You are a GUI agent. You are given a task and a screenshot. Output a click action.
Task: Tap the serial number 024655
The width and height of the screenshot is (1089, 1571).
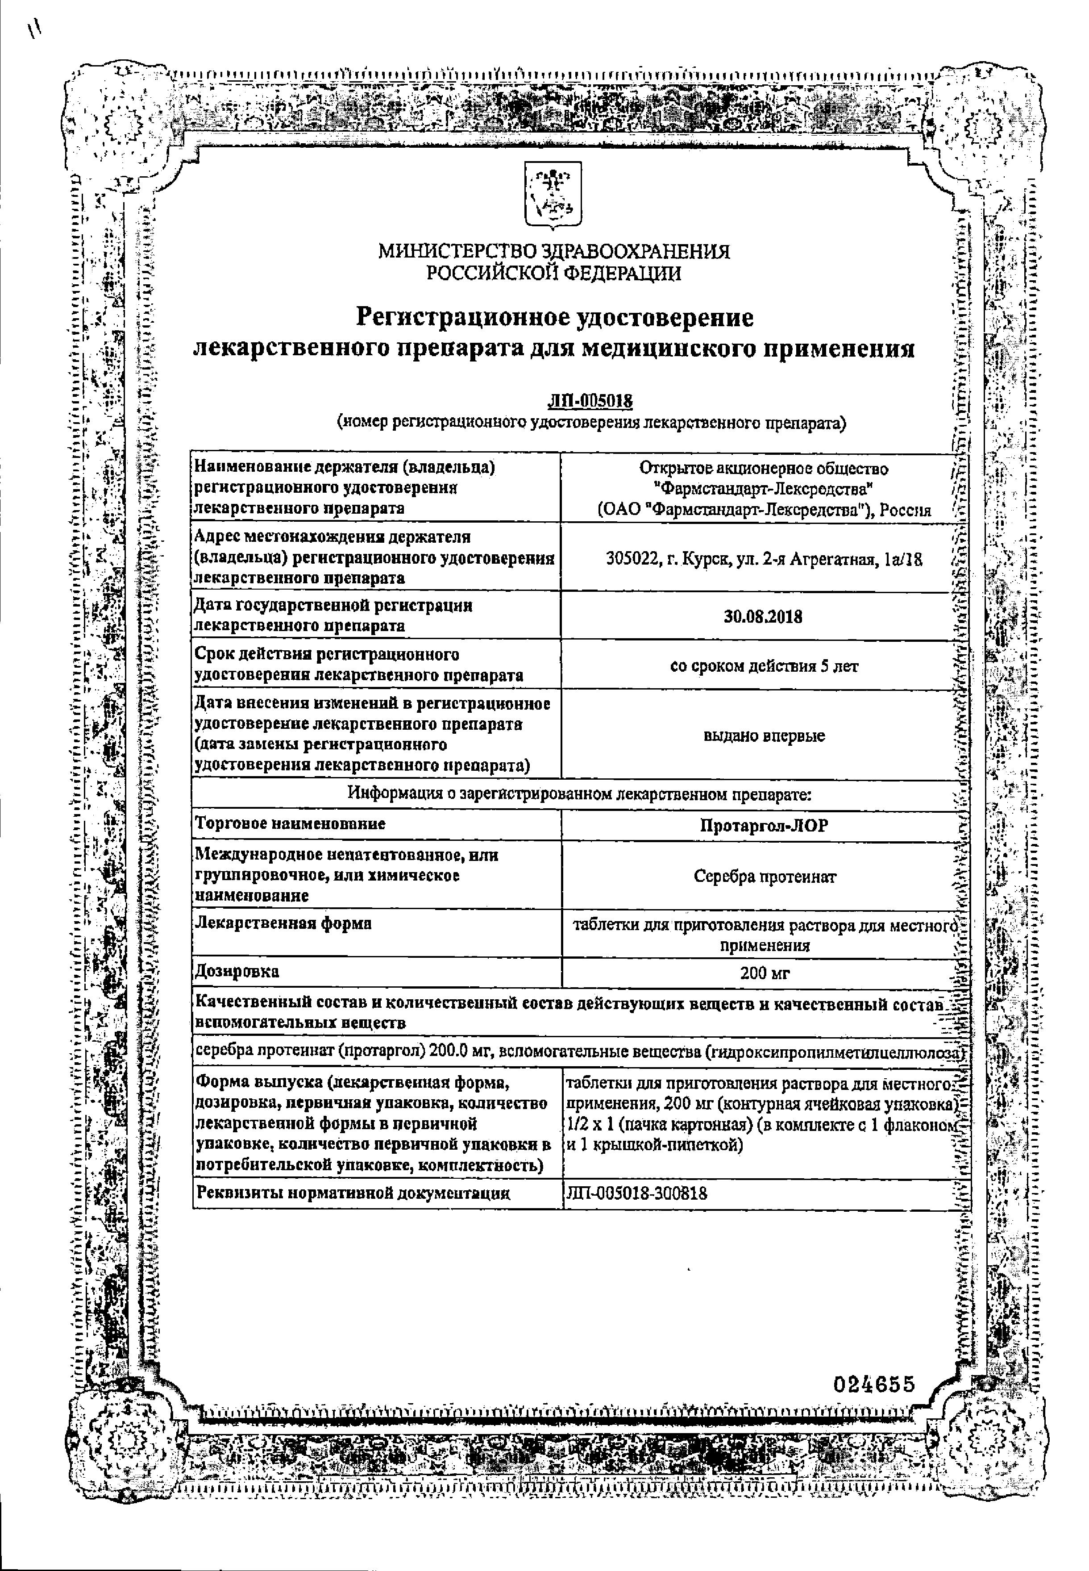tap(873, 1385)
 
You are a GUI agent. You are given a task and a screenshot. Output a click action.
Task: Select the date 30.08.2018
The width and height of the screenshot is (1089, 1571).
tap(763, 617)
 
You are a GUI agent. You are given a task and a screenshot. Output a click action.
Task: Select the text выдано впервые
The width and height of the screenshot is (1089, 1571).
tap(764, 736)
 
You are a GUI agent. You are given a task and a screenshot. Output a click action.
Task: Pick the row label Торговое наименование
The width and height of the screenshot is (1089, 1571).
tap(290, 824)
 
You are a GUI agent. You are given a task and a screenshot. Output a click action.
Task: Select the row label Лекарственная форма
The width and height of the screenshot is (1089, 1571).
tap(283, 924)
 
